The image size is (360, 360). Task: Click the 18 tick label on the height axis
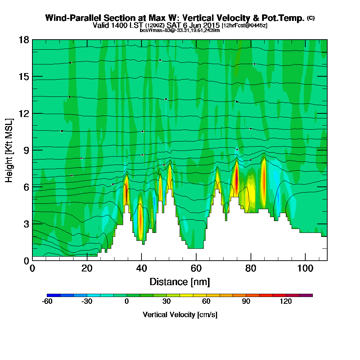click(24, 40)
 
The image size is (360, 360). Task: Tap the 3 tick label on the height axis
click(26, 224)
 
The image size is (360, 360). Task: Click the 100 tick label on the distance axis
click(305, 269)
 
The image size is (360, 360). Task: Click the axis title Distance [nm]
click(180, 282)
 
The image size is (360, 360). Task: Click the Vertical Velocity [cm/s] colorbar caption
click(180, 315)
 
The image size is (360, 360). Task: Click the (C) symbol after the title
click(311, 18)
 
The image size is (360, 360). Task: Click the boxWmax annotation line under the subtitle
click(180, 30)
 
